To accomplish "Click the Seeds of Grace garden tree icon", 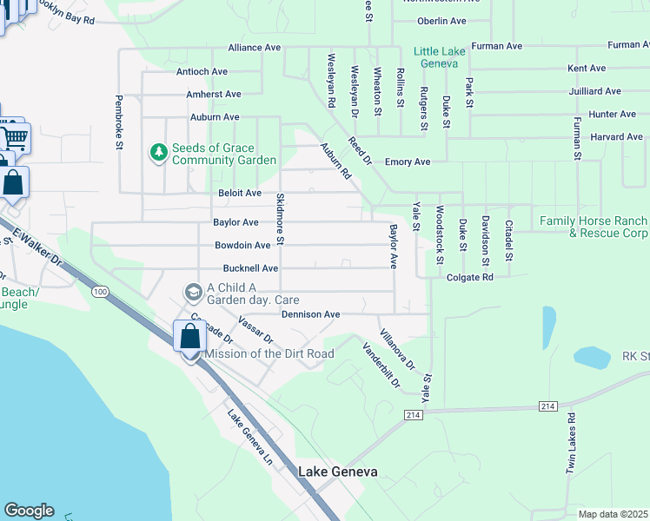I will (x=158, y=154).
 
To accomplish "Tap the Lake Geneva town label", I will (x=338, y=472).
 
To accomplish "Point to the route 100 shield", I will (x=102, y=292).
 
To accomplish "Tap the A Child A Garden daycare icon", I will (x=193, y=290).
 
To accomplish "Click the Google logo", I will (x=29, y=511).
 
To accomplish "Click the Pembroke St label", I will (x=119, y=122).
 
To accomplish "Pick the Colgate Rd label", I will (x=470, y=277).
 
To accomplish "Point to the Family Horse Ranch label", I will (x=594, y=228).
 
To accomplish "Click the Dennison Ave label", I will (x=310, y=314).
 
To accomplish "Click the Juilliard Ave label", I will (x=594, y=90).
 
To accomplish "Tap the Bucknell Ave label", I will (x=250, y=269).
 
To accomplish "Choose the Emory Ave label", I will (x=408, y=162).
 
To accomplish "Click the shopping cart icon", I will (x=15, y=137).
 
